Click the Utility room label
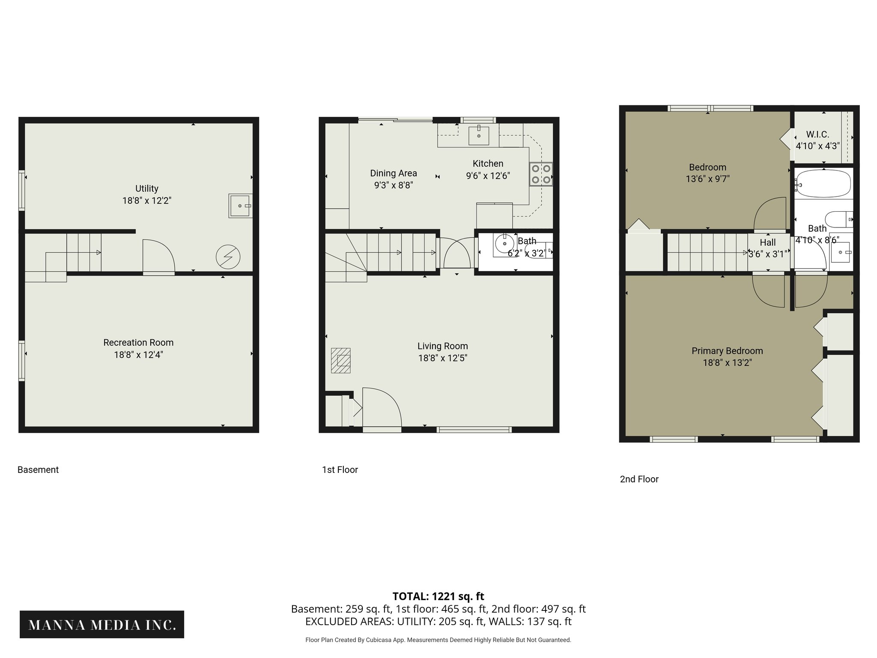147,188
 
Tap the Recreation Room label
138,343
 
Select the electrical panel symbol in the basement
228,257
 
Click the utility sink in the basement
240,206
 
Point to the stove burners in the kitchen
541,174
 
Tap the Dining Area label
394,173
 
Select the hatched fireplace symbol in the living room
341,360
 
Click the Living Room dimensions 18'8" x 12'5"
442,358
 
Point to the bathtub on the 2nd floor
822,183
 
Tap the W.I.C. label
817,135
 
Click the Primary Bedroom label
727,351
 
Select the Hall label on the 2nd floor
768,242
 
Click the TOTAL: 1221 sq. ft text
438,596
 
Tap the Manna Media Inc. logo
102,625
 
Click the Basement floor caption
38,470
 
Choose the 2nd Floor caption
639,479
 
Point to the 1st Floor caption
340,470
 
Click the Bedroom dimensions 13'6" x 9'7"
707,179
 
